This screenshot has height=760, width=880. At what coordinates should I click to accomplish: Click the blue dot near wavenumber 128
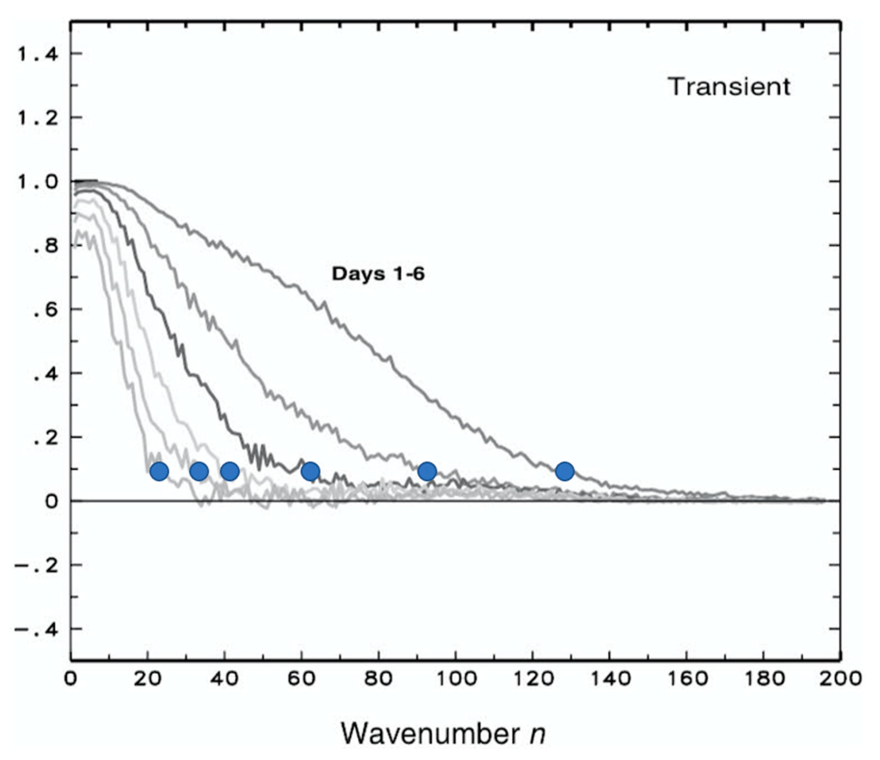pos(565,471)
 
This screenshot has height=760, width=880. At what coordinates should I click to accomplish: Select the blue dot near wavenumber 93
pos(427,471)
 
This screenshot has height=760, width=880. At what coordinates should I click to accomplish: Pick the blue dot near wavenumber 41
pos(230,471)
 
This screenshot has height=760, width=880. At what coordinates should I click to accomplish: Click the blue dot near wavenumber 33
pos(199,471)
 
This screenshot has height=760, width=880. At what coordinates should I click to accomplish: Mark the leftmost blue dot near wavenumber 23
pos(159,471)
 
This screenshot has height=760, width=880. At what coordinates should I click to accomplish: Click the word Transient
pos(729,87)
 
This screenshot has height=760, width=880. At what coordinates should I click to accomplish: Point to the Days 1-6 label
pos(378,274)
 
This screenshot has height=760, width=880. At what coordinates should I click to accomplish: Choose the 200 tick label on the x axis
pos(840,679)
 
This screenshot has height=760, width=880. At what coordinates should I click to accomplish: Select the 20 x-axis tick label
pos(147,679)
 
